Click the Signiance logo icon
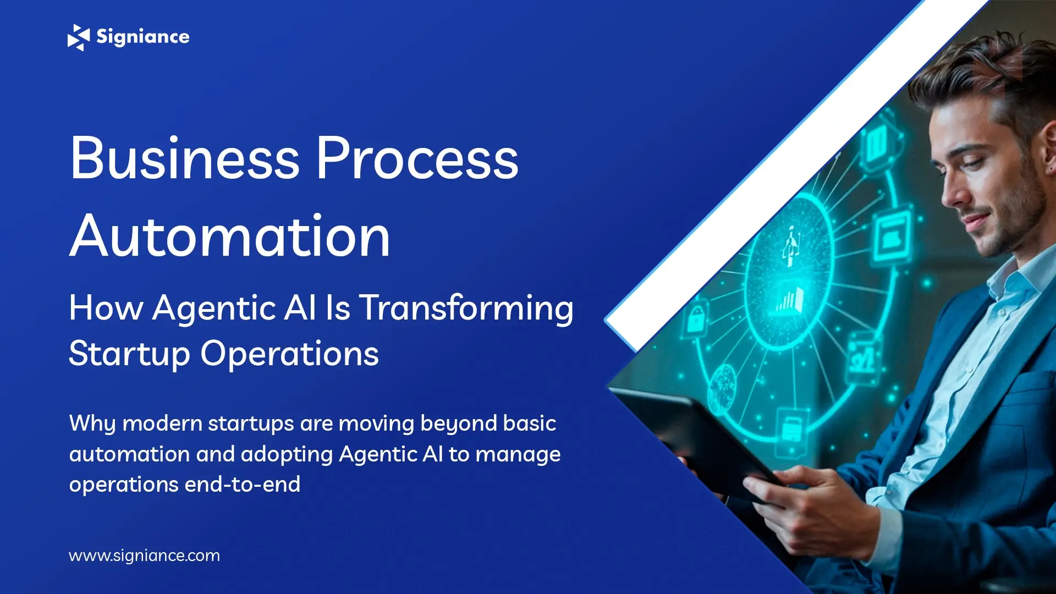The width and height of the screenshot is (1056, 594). (78, 37)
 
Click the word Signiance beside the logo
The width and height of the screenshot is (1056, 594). (142, 37)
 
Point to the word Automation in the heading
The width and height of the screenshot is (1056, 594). (230, 237)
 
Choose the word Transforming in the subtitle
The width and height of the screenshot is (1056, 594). (466, 308)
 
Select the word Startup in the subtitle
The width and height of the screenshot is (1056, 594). (129, 354)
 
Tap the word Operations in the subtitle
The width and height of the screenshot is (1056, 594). (289, 354)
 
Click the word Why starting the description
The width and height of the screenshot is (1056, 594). (92, 424)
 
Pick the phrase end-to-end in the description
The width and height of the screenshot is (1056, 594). (243, 485)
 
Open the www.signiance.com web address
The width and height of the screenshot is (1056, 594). (144, 555)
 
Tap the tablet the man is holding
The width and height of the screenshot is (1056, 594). (693, 435)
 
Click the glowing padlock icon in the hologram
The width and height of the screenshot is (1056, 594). (696, 319)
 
